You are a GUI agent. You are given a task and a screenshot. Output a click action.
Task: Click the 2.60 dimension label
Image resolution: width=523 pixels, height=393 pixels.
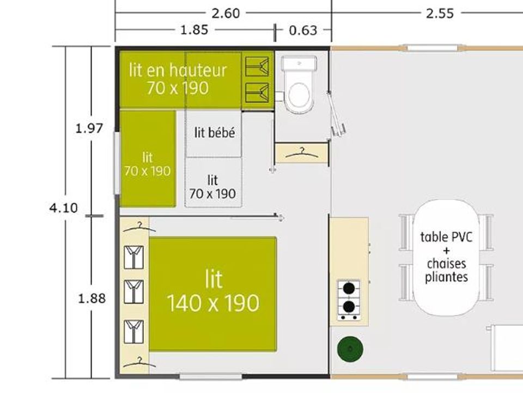(x=226, y=13)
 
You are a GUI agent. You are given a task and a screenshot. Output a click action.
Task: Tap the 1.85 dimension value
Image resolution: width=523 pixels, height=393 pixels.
(x=194, y=30)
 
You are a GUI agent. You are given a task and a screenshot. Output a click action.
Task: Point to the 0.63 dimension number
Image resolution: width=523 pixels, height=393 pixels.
(x=303, y=31)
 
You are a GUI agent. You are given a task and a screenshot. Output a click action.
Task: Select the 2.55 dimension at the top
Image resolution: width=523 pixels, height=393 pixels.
(x=440, y=14)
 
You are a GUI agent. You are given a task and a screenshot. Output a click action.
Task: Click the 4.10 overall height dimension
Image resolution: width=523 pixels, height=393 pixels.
(x=63, y=208)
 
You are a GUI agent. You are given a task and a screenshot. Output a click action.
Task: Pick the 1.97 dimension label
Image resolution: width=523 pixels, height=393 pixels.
(x=89, y=128)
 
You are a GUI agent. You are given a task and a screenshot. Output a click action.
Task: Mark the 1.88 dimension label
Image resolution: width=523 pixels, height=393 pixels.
(x=92, y=299)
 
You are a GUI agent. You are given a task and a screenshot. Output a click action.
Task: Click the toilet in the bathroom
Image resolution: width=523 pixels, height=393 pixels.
(x=299, y=85)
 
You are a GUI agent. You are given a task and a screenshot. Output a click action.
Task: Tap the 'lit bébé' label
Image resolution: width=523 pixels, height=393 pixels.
(x=215, y=133)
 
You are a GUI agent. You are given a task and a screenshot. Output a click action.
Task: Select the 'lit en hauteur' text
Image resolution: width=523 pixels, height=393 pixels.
(x=178, y=70)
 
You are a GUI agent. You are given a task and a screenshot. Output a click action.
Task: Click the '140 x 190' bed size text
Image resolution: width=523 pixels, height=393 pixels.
(x=213, y=303)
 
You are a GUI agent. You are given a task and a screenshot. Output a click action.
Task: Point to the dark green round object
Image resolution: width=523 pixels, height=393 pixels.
(x=350, y=349)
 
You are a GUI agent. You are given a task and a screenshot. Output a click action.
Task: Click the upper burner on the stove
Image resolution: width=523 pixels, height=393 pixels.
(x=349, y=288)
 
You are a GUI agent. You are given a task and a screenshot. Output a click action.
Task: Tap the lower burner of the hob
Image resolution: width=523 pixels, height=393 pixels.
(x=349, y=306)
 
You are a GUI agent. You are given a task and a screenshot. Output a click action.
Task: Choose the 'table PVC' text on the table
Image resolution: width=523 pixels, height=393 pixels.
(x=446, y=237)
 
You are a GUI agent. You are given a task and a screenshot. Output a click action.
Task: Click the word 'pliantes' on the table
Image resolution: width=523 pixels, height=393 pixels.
(x=446, y=277)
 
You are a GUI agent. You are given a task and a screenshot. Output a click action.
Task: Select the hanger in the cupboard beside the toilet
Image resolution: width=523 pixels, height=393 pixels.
(x=302, y=153)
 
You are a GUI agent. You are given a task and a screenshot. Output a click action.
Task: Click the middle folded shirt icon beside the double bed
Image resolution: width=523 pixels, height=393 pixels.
(x=134, y=291)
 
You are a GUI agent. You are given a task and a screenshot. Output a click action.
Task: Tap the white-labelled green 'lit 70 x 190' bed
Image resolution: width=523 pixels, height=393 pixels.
(x=148, y=159)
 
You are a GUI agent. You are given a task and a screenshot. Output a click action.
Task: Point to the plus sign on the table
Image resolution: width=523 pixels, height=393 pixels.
(x=446, y=251)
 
